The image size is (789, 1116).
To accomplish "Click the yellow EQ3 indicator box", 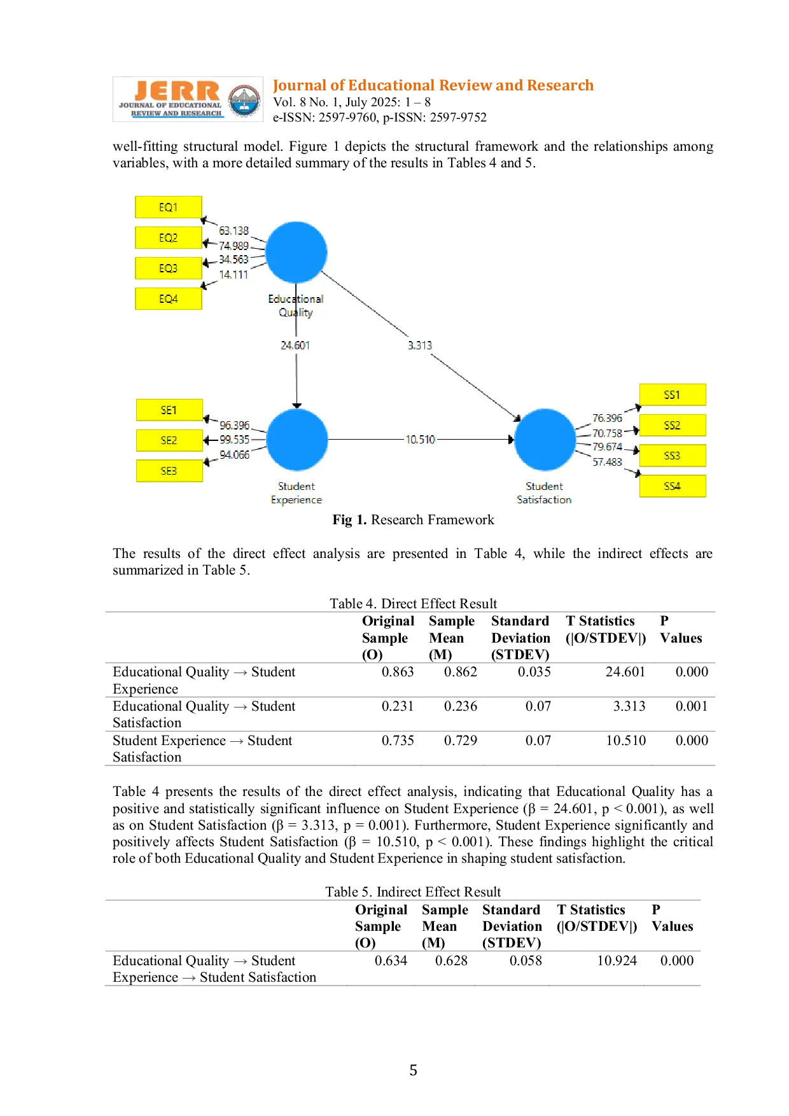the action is tap(169, 268).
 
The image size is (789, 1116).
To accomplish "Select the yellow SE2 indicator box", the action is tap(169, 440).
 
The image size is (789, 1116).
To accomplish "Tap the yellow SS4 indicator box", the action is tap(673, 486).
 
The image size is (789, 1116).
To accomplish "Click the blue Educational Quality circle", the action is tap(297, 253).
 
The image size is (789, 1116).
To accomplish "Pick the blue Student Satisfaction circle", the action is tap(545, 440).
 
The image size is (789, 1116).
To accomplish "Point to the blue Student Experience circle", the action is tap(297, 440).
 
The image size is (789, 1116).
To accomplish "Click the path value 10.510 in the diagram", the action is tap(421, 440).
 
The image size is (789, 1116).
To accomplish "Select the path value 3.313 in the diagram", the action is tap(420, 345).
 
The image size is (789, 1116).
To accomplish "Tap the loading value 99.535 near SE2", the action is tap(235, 440).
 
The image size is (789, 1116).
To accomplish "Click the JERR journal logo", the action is tap(188, 99).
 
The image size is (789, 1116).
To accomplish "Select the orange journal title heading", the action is tap(433, 85).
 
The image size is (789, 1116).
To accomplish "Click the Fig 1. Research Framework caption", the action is tap(414, 520).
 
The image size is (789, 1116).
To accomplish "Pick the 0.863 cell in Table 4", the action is tap(398, 672).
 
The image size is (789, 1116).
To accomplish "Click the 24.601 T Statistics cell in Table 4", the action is tap(625, 672).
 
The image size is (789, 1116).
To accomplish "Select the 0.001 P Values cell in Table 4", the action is tap(692, 706).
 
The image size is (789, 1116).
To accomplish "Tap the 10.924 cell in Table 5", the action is tap(617, 961).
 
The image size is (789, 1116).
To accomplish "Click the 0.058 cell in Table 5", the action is tap(526, 961).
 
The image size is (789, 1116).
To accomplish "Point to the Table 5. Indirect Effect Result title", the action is tap(413, 892).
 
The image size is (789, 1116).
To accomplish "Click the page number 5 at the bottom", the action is tap(414, 1070).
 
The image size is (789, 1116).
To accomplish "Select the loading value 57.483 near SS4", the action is tap(608, 462).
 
